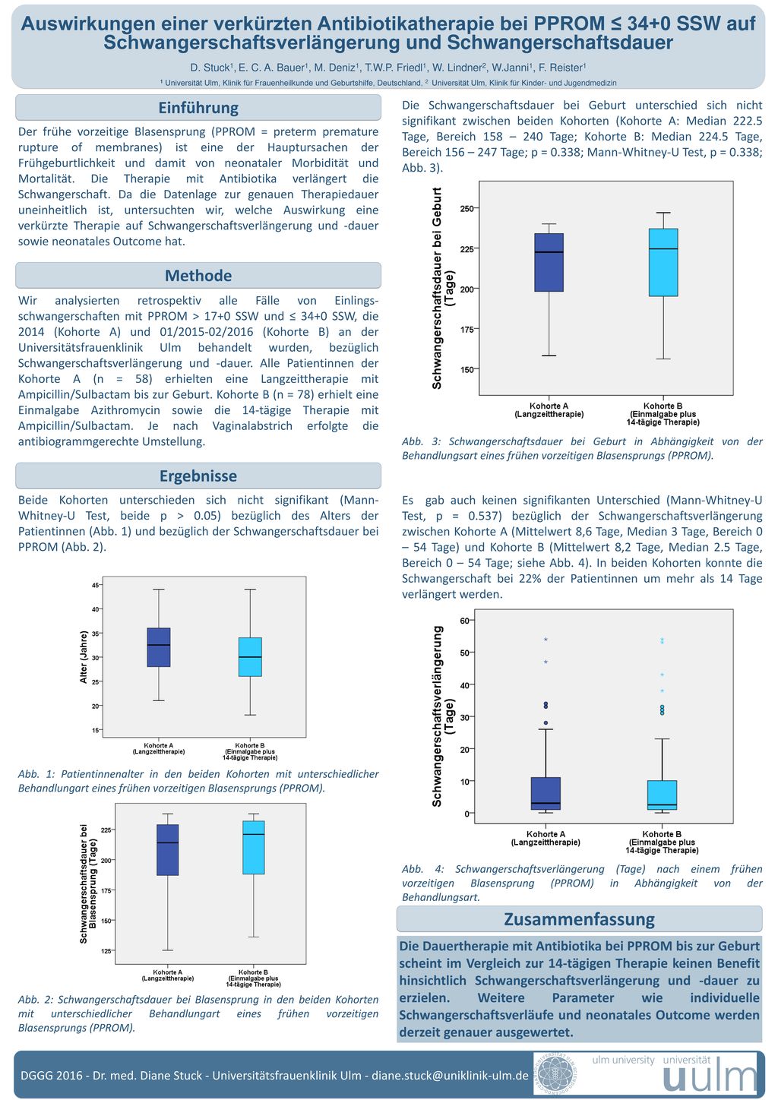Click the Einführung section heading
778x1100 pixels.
click(x=198, y=108)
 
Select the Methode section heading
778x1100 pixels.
click(x=198, y=276)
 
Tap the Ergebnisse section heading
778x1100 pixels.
click(x=198, y=476)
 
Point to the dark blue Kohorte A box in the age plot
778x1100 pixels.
click(x=159, y=647)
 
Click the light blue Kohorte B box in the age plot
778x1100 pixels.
click(x=250, y=657)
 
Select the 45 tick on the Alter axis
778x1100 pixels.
click(x=95, y=586)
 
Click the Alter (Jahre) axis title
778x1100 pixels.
click(x=84, y=657)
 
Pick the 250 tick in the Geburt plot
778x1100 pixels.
click(x=466, y=209)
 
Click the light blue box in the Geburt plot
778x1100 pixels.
click(x=663, y=263)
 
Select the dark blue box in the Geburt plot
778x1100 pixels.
click(x=549, y=263)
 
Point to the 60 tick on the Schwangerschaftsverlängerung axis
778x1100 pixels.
click(x=464, y=621)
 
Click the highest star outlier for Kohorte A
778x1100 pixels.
click(x=546, y=640)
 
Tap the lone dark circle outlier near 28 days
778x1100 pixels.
click(x=546, y=723)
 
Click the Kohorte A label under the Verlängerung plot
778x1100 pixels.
click(x=546, y=838)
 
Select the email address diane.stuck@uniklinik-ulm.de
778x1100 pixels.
click(x=450, y=1076)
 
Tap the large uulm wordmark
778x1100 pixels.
click(x=710, y=1079)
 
